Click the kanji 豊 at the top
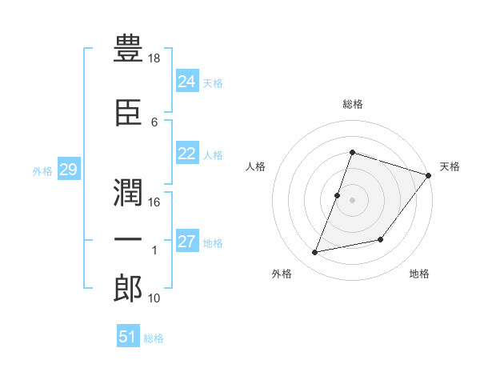click(x=129, y=50)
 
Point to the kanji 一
click(x=129, y=239)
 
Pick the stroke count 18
click(x=155, y=59)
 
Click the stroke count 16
click(x=155, y=202)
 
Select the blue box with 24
click(x=186, y=81)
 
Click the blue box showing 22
click(x=186, y=154)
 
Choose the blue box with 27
click(x=186, y=242)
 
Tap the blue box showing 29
click(x=68, y=170)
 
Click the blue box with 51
click(x=127, y=336)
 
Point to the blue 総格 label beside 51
click(x=154, y=338)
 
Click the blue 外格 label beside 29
click(x=42, y=170)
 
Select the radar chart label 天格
click(x=450, y=166)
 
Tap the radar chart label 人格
click(x=256, y=166)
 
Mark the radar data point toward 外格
click(x=315, y=253)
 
